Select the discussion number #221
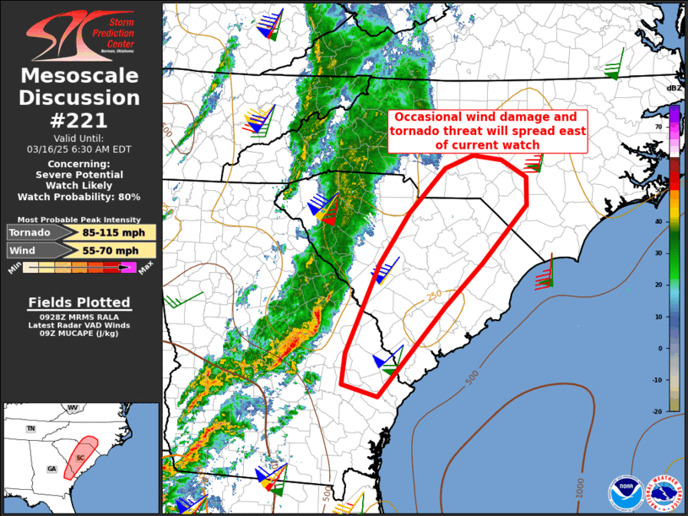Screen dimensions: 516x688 (x=80, y=120)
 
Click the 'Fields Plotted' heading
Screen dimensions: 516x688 (x=79, y=302)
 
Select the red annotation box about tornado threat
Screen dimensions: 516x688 (x=487, y=131)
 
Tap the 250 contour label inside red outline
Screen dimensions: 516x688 (x=434, y=295)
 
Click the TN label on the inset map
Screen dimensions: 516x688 (x=30, y=429)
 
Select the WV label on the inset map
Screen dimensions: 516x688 (x=73, y=408)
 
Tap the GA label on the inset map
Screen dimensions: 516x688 (x=51, y=469)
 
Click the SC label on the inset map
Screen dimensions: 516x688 (x=80, y=457)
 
